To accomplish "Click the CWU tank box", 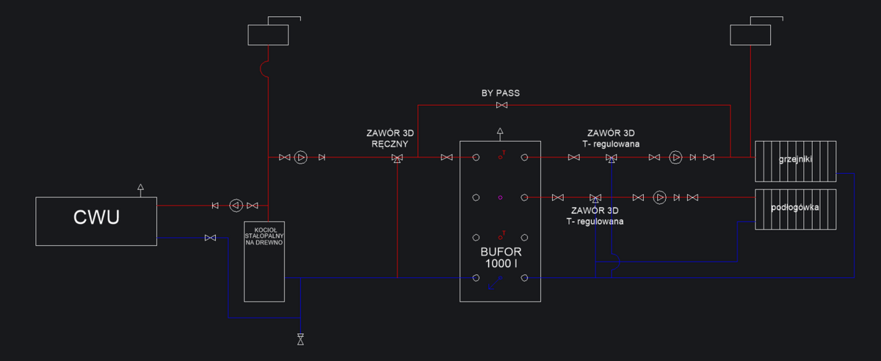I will coord(95,220).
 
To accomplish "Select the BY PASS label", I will coord(501,93).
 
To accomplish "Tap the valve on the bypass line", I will coord(501,106).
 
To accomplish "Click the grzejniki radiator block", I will coord(796,160).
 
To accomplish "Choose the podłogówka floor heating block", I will coord(796,209).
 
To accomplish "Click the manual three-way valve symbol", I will coord(397,158).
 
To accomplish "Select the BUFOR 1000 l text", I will coord(500,256).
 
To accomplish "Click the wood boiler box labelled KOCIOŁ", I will coord(264,260).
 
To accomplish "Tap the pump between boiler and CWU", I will coord(235,205).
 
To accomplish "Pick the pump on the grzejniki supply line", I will coord(675,157).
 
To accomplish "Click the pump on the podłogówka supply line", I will coord(659,197).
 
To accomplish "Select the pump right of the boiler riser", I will coord(301,157).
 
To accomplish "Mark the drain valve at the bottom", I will coord(300,339).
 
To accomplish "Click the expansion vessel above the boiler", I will coord(269,34).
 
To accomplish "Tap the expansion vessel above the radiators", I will coord(750,34).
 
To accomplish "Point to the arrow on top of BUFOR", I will coord(500,133).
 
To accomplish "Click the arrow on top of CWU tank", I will coord(140,189).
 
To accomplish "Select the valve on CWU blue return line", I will coord(211,238).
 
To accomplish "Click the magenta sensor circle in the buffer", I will coord(500,197).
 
